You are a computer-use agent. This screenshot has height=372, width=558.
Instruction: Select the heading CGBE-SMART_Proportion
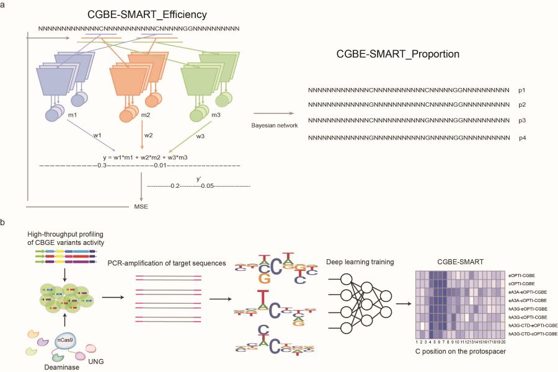tap(398, 54)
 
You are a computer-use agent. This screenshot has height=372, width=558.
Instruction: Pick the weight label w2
tap(148, 135)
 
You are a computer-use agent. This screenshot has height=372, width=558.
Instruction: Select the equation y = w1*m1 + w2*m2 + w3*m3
tap(146, 157)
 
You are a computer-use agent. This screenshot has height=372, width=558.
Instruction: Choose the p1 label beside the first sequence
tap(523, 90)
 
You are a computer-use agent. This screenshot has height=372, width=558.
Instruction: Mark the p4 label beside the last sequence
tap(523, 137)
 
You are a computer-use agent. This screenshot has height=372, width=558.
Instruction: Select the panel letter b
tap(6, 221)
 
